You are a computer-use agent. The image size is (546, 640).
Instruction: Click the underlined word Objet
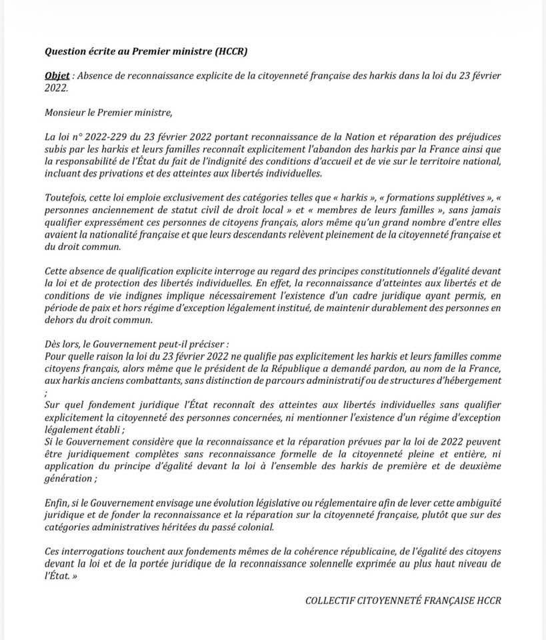[x=57, y=75]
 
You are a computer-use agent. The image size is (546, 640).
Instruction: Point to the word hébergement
[x=469, y=380]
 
